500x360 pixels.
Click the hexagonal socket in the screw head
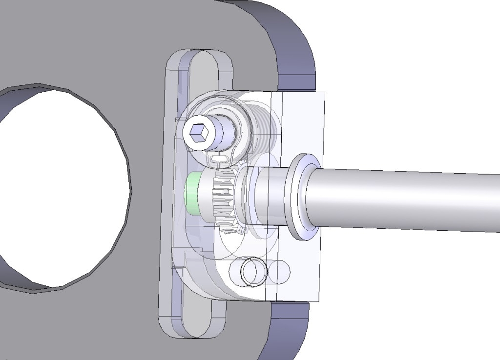click(x=198, y=132)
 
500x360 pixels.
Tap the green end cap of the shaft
click(x=191, y=194)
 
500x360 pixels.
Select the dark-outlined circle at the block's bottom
click(x=253, y=271)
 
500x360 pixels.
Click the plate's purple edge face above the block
click(x=293, y=49)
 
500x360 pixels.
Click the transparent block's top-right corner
click(x=324, y=93)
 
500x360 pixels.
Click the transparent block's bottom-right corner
click(x=319, y=301)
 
